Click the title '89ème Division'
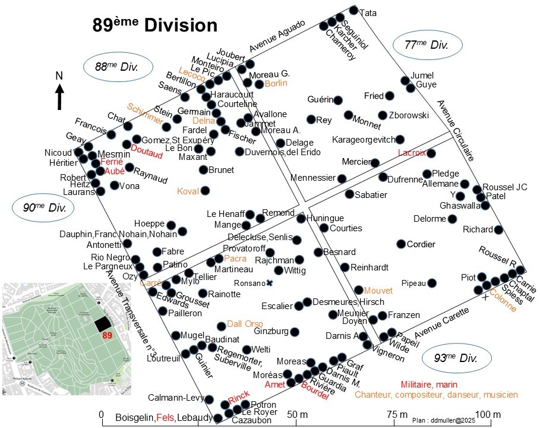click(154, 26)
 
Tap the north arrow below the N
click(60, 97)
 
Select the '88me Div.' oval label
click(116, 67)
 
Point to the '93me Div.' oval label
click(456, 358)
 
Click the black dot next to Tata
click(353, 10)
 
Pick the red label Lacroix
click(412, 153)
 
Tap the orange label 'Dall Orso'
click(245, 323)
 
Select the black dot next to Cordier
click(402, 244)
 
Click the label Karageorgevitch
click(363, 140)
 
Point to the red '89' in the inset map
click(107, 336)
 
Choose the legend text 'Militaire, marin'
click(432, 385)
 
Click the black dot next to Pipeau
click(432, 283)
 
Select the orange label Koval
click(188, 191)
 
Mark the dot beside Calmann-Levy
click(209, 398)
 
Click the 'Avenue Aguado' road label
click(277, 34)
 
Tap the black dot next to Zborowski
click(383, 115)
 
